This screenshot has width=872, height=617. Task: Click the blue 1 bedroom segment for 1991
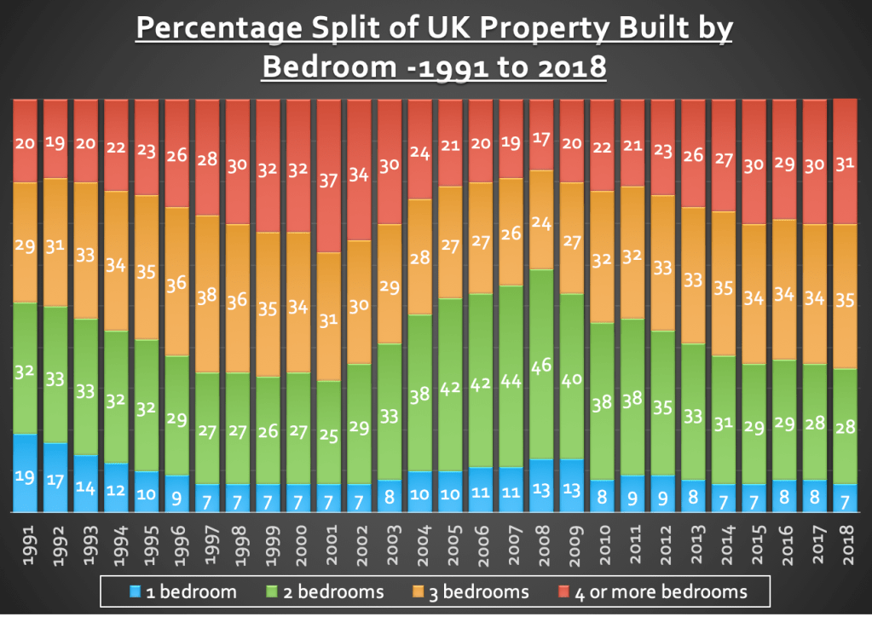point(25,473)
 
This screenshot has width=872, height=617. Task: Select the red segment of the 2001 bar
point(328,176)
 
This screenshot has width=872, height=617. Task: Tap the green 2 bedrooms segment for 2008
point(540,365)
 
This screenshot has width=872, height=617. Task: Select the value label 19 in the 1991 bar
point(25,477)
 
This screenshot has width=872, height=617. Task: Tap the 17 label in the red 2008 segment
point(540,137)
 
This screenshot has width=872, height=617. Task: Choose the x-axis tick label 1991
point(26,546)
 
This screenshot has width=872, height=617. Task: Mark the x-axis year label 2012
point(662,546)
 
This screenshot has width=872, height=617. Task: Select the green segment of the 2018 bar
point(844,426)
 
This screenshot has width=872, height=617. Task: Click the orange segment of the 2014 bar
point(723,284)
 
